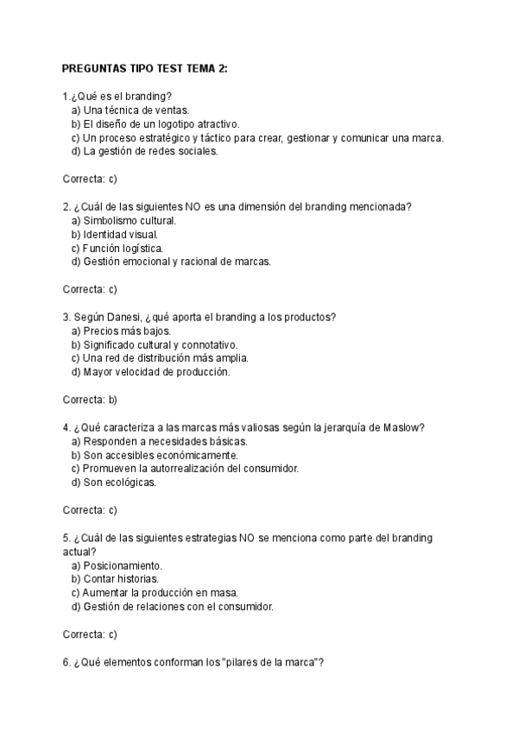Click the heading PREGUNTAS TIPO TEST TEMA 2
[x=145, y=68]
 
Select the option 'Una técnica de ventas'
[x=130, y=110]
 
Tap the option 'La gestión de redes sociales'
[x=145, y=151]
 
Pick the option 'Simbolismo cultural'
[x=123, y=220]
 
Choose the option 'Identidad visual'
[x=115, y=234]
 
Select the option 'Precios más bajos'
[x=121, y=331]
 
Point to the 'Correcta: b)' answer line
[x=90, y=400]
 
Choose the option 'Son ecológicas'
[x=114, y=483]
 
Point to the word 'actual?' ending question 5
[x=79, y=552]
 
